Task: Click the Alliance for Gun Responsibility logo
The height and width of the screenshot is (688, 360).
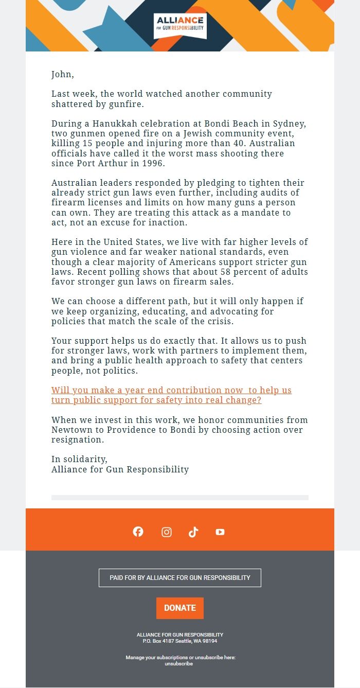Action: (x=180, y=25)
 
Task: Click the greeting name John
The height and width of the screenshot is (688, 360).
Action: (x=62, y=74)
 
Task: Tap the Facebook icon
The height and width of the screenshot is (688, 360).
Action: (x=138, y=532)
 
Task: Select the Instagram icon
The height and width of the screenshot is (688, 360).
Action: (x=167, y=532)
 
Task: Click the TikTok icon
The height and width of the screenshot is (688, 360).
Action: (x=193, y=532)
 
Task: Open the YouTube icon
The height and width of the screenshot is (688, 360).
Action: (x=220, y=532)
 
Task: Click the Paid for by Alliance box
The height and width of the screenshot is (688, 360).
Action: (x=180, y=577)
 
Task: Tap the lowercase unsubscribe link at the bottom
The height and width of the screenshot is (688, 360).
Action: (x=178, y=664)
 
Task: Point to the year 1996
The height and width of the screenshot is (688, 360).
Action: (x=154, y=164)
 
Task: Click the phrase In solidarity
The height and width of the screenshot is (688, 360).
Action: (x=79, y=459)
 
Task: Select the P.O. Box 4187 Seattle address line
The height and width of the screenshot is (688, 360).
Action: (x=180, y=641)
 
